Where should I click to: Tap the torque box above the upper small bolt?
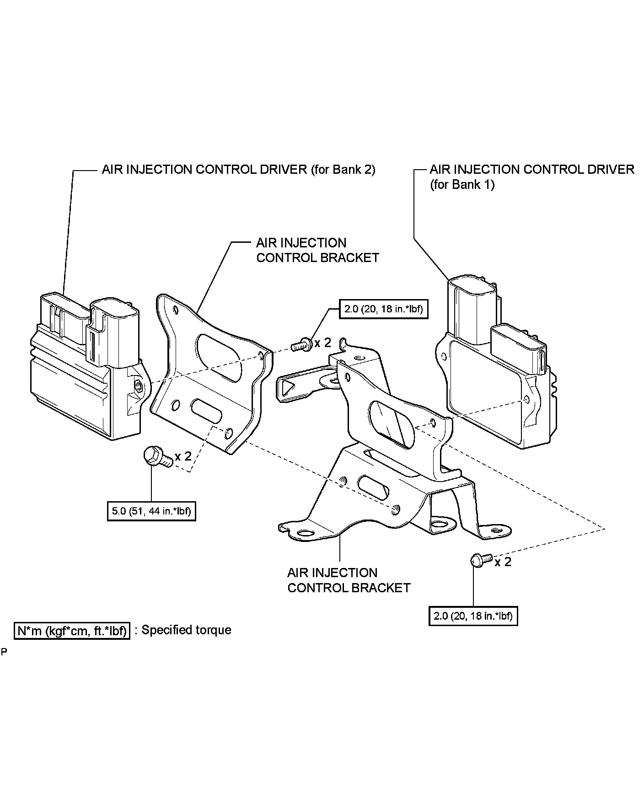click(383, 309)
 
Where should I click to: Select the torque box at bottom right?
click(473, 616)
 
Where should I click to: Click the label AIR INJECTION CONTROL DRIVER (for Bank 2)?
click(238, 170)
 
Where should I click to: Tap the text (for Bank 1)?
click(462, 185)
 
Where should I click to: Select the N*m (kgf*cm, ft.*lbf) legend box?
click(72, 631)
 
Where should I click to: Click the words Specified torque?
click(186, 630)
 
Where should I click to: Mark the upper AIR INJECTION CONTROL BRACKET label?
click(317, 250)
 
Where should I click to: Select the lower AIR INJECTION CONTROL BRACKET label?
click(349, 580)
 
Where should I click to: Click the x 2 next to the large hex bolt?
click(183, 456)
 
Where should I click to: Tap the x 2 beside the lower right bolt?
click(503, 562)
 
